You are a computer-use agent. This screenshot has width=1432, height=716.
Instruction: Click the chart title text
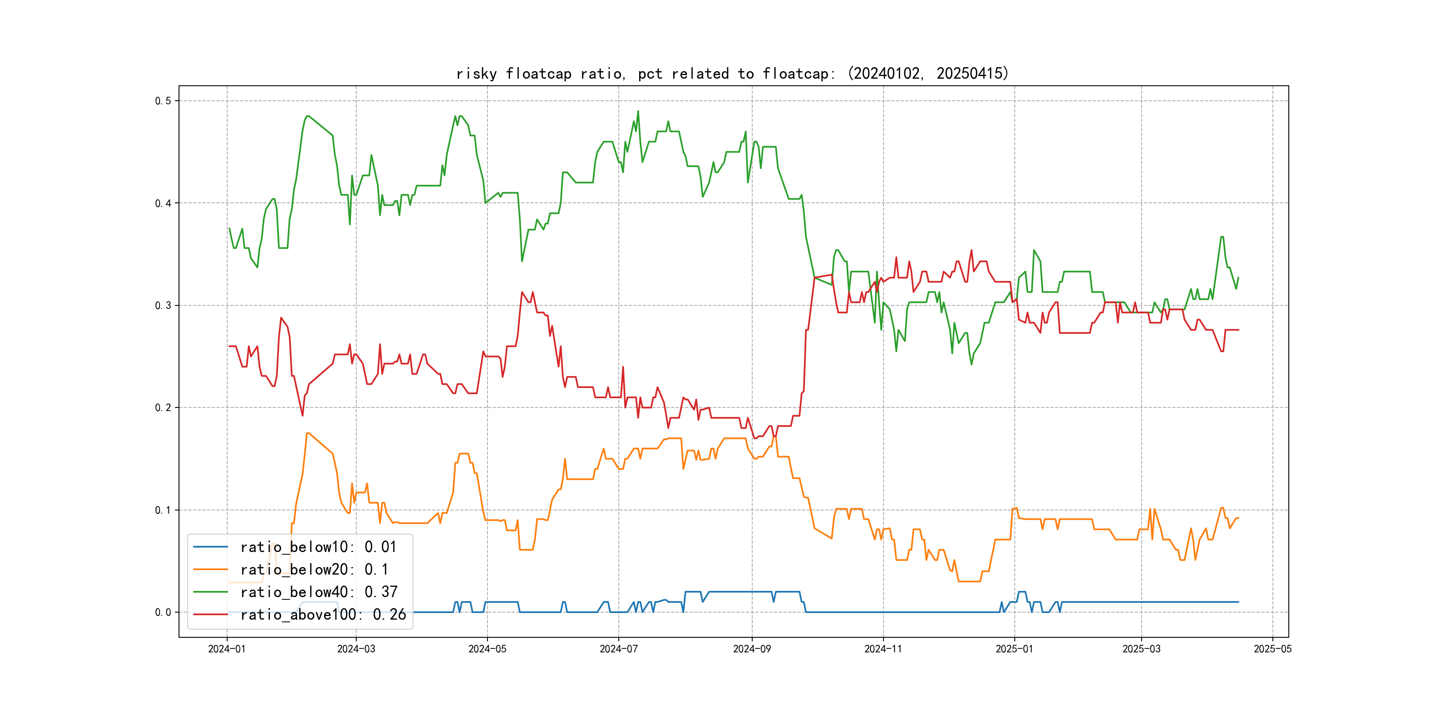pos(732,73)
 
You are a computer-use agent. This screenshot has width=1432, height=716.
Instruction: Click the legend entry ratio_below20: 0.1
pos(314,570)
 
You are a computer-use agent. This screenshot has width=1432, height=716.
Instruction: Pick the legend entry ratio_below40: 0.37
pos(319,592)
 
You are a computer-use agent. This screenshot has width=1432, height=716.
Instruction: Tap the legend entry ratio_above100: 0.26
pos(323,615)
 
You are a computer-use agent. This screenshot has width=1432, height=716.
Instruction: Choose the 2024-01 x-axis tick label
pos(227,649)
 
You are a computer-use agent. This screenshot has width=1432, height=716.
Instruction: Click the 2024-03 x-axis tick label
pos(356,649)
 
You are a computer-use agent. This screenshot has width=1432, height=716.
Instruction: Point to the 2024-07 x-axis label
pos(618,649)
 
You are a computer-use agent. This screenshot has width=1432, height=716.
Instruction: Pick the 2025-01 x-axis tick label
pos(1014,649)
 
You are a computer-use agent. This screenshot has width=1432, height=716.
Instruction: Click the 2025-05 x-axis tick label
pos(1272,649)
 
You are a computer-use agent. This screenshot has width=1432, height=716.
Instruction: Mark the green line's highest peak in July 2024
pos(638,111)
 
